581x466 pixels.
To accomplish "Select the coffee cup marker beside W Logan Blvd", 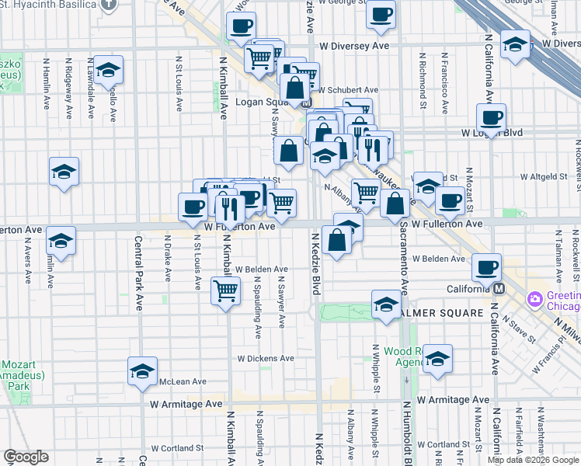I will click(491, 119).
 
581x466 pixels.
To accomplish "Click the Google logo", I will click(26, 457).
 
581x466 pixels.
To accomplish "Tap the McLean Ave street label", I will click(183, 381).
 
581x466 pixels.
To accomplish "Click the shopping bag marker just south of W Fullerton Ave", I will click(338, 241).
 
